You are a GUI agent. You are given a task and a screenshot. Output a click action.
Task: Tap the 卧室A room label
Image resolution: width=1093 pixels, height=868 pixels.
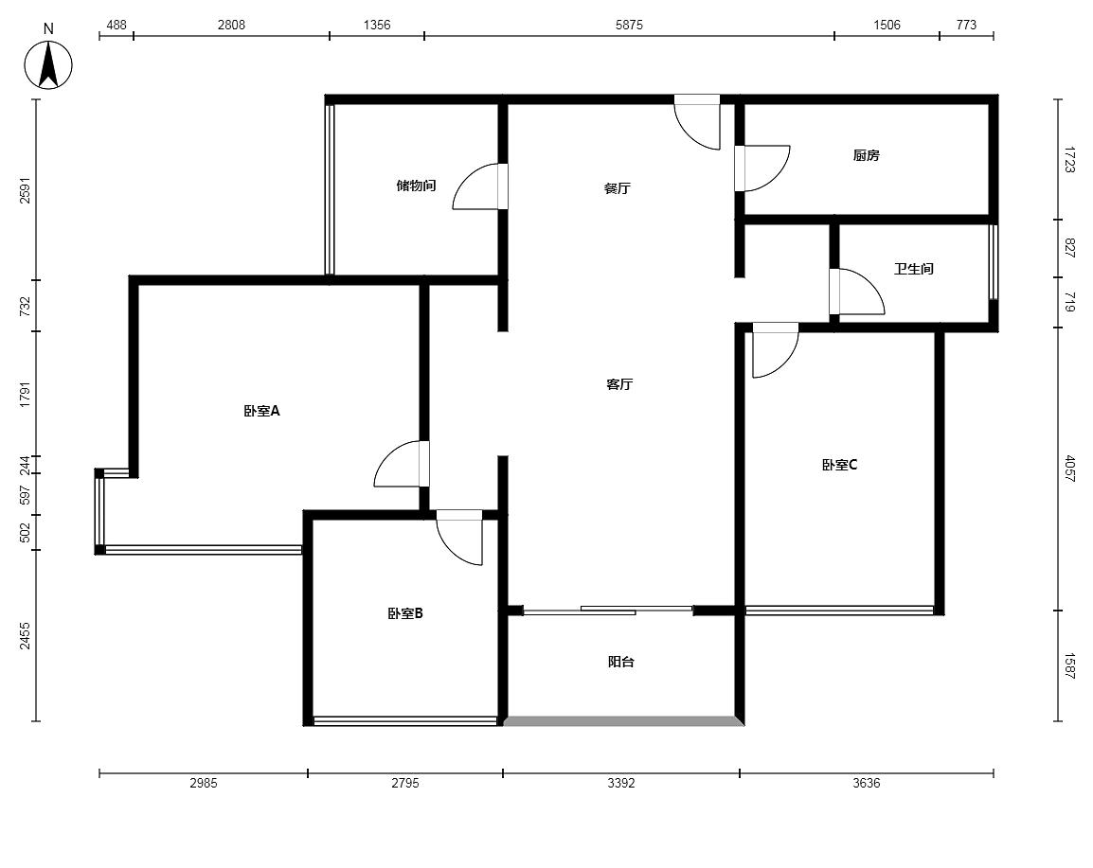click(x=261, y=411)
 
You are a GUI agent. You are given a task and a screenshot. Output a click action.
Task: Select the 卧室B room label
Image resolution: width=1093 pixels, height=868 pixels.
click(x=405, y=613)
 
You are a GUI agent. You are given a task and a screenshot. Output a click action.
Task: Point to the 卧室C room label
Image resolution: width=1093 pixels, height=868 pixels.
click(x=839, y=465)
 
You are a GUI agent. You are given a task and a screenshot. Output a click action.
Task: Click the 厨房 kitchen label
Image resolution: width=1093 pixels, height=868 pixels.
click(x=867, y=155)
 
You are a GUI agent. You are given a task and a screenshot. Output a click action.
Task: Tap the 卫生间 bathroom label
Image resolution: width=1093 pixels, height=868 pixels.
click(x=914, y=269)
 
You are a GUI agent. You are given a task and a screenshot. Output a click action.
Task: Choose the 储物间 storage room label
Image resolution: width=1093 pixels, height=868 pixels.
click(x=416, y=186)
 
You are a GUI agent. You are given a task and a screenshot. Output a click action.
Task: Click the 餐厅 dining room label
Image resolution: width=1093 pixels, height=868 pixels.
click(x=618, y=188)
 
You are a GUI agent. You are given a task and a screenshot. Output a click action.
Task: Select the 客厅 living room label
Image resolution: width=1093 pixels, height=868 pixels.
click(x=619, y=384)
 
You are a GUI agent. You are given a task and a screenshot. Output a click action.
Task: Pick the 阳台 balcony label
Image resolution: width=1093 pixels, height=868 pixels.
click(x=621, y=662)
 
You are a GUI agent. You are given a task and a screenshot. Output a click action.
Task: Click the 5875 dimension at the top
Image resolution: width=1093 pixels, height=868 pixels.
click(x=629, y=25)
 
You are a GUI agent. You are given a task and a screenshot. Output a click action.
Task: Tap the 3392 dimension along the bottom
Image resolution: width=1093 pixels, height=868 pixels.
click(x=621, y=783)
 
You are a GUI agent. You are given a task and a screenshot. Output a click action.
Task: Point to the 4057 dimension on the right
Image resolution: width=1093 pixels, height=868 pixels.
click(x=1070, y=469)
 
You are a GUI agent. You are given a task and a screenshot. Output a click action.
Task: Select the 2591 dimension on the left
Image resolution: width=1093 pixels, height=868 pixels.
click(x=25, y=190)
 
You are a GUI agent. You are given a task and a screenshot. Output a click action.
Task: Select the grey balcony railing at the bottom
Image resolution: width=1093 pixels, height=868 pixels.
click(x=623, y=721)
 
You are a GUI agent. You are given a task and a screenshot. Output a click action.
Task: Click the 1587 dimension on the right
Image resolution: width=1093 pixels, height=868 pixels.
click(x=1070, y=666)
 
